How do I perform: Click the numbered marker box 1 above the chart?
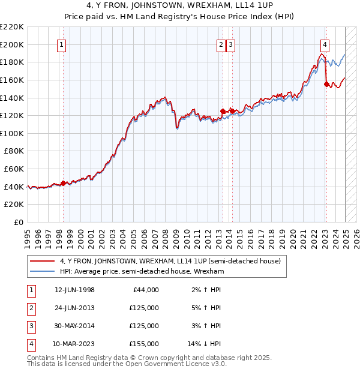click(62, 44)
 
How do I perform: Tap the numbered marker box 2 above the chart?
click(221, 44)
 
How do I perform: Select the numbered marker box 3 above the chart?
click(231, 44)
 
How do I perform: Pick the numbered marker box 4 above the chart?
click(325, 44)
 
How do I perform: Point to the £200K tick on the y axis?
click(12, 44)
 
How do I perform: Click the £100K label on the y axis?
click(12, 133)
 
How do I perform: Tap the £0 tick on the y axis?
click(19, 222)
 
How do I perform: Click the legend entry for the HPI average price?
click(142, 271)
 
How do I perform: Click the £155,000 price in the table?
click(144, 344)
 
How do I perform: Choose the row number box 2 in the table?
click(30, 308)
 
